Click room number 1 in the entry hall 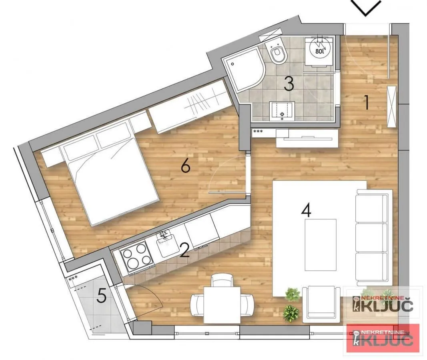[x=365, y=102]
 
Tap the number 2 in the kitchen [x=184, y=251]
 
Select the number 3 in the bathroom [x=289, y=84]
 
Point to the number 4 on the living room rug [x=306, y=210]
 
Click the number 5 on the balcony [x=102, y=296]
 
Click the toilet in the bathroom [x=277, y=54]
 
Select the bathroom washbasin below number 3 [x=283, y=111]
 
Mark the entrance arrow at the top [x=366, y=8]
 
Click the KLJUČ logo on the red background [x=383, y=338]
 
